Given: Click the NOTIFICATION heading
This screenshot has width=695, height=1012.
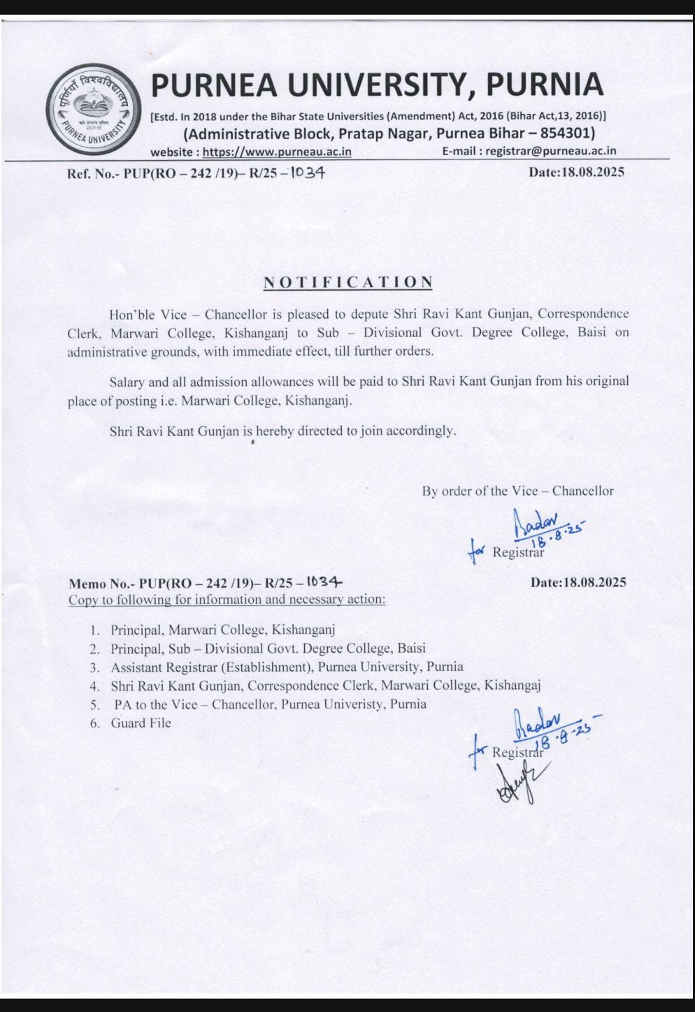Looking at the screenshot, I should pyautogui.click(x=347, y=282).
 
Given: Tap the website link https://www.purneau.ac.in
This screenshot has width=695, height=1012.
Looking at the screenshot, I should pyautogui.click(x=277, y=152).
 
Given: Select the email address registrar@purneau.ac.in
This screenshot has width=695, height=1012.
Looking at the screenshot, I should pyautogui.click(x=551, y=151).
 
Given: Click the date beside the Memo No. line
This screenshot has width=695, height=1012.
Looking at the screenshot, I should pyautogui.click(x=578, y=582).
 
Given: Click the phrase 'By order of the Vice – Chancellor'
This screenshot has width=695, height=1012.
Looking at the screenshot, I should pyautogui.click(x=517, y=491).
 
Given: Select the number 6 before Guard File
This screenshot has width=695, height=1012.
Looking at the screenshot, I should pyautogui.click(x=94, y=723).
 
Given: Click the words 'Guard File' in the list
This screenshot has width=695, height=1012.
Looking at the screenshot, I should pyautogui.click(x=141, y=723).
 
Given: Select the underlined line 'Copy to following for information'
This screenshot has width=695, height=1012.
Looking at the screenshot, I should pyautogui.click(x=227, y=600).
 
